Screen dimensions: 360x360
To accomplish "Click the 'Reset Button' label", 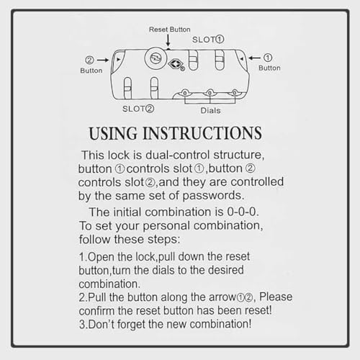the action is [170, 30].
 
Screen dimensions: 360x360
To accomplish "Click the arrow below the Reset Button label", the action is [168, 40].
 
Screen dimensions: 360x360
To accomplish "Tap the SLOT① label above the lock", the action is [208, 40].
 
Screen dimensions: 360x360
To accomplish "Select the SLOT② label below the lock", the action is [138, 109].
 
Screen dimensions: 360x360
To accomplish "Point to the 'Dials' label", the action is [210, 110].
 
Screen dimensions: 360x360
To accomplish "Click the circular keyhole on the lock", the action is [156, 58].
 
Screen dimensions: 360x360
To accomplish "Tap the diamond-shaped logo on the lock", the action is [176, 63].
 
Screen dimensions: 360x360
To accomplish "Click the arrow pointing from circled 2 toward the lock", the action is [103, 60].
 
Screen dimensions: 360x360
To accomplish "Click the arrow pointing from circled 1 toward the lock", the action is [254, 58].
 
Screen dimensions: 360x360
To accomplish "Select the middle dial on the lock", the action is [210, 93].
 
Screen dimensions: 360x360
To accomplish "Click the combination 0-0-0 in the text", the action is [242, 212].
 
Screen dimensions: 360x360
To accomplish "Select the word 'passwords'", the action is [212, 196].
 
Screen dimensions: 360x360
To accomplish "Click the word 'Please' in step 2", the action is [276, 297].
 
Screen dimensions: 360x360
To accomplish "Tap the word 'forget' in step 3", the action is [131, 325].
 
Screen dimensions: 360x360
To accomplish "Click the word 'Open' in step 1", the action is [101, 258].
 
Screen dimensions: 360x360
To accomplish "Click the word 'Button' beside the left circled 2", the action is [91, 71].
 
